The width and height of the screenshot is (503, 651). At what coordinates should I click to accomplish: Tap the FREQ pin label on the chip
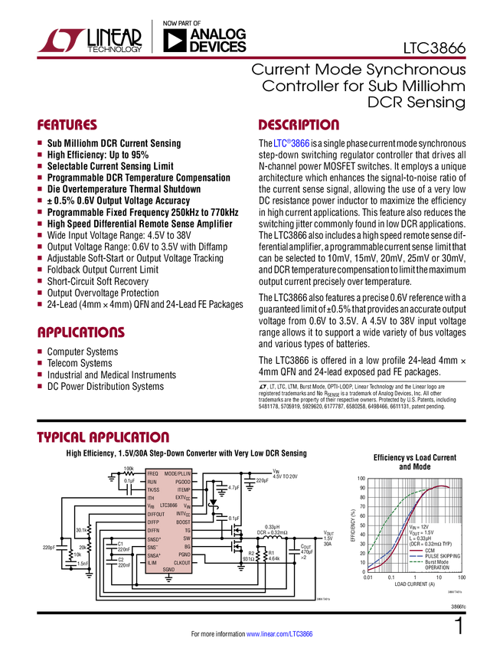coord(152,474)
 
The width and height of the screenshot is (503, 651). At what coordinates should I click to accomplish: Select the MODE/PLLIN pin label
coord(178,474)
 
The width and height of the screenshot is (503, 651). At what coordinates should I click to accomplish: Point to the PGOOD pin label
coord(182,482)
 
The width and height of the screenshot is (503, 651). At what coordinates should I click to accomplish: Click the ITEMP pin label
coord(184,489)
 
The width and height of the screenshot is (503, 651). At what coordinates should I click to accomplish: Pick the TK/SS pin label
coord(153,489)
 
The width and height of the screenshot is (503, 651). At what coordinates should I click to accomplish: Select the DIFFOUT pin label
coord(155,514)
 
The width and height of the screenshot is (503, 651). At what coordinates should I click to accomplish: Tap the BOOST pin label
coord(183,522)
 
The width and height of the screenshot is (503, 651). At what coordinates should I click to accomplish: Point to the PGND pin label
coord(184,554)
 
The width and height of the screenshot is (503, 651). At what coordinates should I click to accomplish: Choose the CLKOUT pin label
coord(182,563)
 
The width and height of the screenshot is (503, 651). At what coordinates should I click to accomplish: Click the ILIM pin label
coord(152,563)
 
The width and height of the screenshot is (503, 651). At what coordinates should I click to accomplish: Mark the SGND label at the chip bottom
coord(168,570)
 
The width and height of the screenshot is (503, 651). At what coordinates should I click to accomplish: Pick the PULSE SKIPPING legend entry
coord(442,556)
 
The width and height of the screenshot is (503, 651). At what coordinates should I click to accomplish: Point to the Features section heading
coord(67,126)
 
